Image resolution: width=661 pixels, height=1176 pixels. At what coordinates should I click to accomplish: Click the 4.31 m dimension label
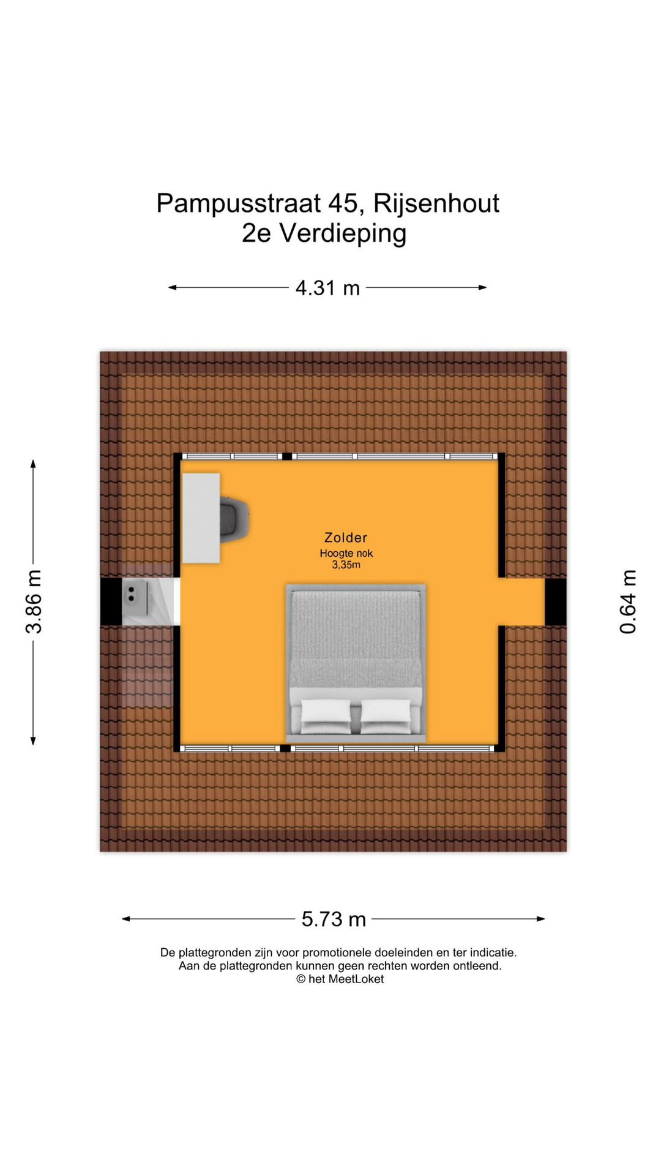click(x=327, y=288)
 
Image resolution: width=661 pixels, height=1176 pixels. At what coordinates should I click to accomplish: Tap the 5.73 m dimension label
click(x=334, y=919)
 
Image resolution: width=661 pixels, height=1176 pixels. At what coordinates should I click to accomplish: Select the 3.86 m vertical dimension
click(x=34, y=601)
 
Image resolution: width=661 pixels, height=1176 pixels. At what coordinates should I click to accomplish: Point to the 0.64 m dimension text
click(x=628, y=601)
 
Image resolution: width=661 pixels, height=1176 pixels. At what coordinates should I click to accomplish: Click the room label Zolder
click(x=346, y=538)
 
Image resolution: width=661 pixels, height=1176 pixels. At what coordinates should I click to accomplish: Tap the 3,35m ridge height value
click(x=346, y=565)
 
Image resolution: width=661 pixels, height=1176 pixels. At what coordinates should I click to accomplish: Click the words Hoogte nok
click(x=346, y=553)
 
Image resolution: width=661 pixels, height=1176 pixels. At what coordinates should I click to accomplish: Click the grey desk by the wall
click(x=201, y=518)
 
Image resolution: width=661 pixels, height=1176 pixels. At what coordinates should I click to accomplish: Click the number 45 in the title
click(x=343, y=204)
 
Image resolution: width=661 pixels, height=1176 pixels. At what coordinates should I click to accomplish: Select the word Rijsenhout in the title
click(x=436, y=204)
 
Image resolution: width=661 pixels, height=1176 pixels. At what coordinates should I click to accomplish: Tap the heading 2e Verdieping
click(x=324, y=233)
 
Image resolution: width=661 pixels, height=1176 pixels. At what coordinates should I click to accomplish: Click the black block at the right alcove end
click(x=556, y=602)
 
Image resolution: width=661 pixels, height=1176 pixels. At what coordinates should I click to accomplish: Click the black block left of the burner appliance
click(x=111, y=602)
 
